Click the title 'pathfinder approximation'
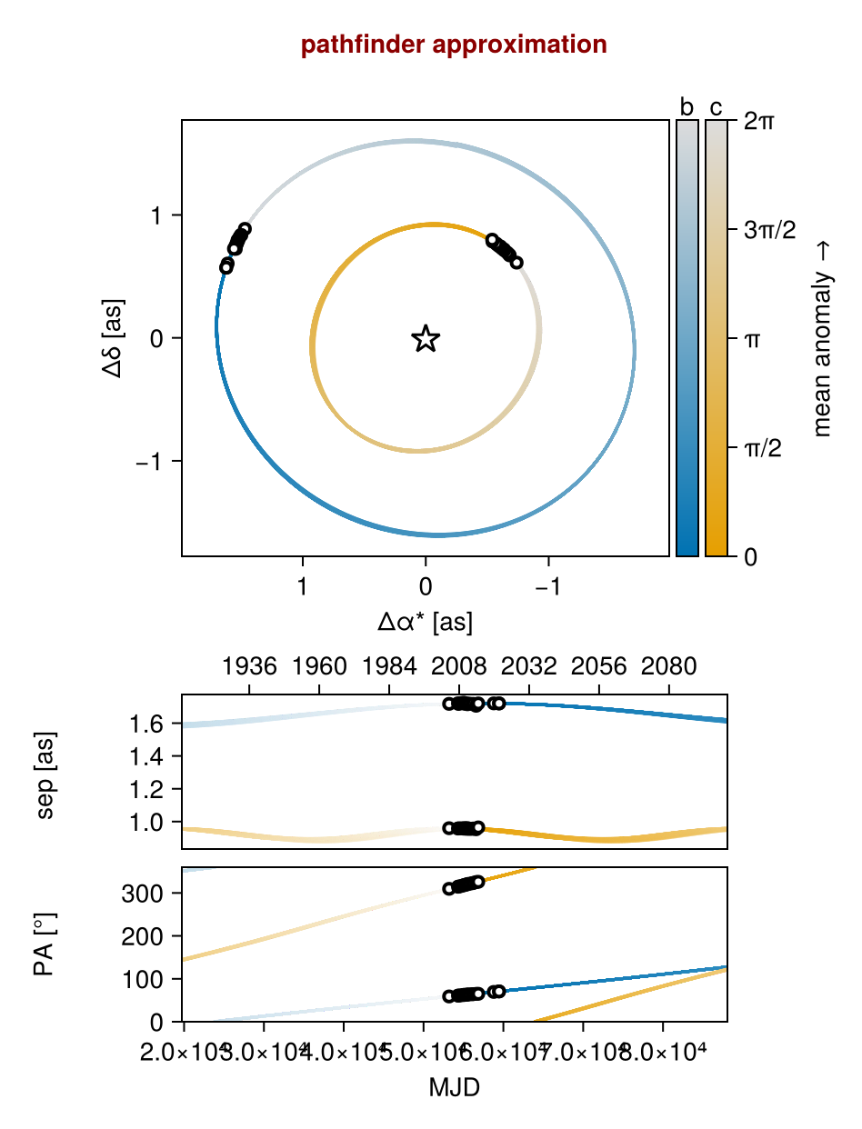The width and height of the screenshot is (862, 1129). pyautogui.click(x=453, y=44)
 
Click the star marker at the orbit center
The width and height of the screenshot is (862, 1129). pyautogui.click(x=426, y=339)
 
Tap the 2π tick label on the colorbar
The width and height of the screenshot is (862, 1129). pyautogui.click(x=759, y=121)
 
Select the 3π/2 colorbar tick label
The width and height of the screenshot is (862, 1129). pyautogui.click(x=769, y=230)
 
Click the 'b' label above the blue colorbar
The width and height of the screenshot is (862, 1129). pyautogui.click(x=687, y=107)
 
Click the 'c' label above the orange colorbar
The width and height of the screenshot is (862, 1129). pyautogui.click(x=717, y=107)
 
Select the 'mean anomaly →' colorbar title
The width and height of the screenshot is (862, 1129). pyautogui.click(x=823, y=339)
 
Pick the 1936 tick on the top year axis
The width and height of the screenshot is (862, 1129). pyautogui.click(x=249, y=667)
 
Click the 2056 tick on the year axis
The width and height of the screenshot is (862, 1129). pyautogui.click(x=599, y=667)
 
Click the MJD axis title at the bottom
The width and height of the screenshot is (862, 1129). pyautogui.click(x=454, y=1087)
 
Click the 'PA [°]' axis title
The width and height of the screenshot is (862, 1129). pyautogui.click(x=45, y=944)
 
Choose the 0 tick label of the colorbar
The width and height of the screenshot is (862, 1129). pyautogui.click(x=750, y=556)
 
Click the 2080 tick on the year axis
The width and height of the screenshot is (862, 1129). pyautogui.click(x=669, y=667)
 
